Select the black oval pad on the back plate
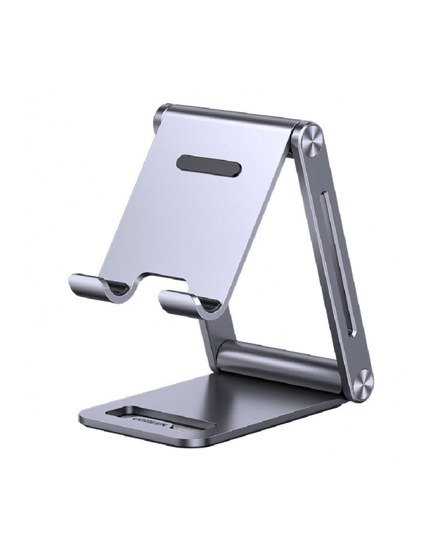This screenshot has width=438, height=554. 208,166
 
